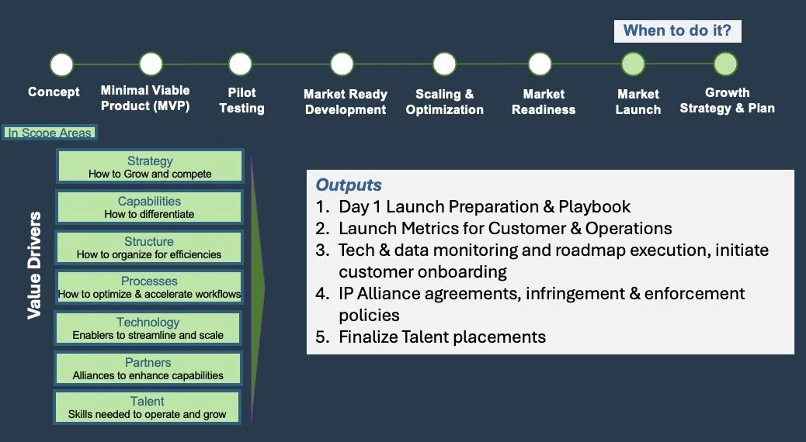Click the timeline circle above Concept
(x=61, y=64)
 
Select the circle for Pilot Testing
(x=241, y=64)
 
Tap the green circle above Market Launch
(x=633, y=64)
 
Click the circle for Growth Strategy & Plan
(x=724, y=64)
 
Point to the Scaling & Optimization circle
(x=444, y=64)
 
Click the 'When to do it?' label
(x=678, y=32)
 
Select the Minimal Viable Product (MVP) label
(x=145, y=98)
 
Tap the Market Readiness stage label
(x=544, y=102)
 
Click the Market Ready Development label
(x=346, y=102)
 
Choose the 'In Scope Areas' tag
(x=50, y=133)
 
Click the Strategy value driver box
(x=150, y=167)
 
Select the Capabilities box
(x=150, y=207)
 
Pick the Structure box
(x=149, y=247)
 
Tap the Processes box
(x=149, y=288)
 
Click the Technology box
(x=148, y=328)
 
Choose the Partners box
(x=148, y=368)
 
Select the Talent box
(x=148, y=407)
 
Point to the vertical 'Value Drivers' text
(x=35, y=264)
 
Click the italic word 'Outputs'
(x=349, y=185)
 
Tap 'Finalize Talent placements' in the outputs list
(x=442, y=337)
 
